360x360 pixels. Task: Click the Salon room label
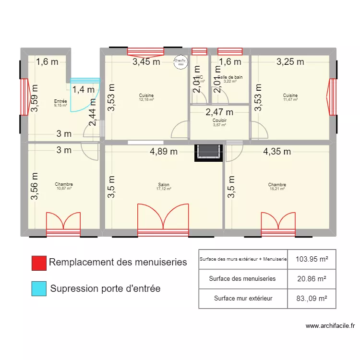[164, 185]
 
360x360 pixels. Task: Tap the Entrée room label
[61, 101]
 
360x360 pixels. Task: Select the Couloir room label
[219, 120]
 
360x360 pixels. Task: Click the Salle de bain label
[230, 77]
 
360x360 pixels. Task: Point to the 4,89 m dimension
[164, 152]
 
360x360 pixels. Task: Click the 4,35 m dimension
[277, 152]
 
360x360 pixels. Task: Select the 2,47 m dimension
[219, 112]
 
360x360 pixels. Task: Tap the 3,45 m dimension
[147, 61]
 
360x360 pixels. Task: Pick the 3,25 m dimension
[290, 61]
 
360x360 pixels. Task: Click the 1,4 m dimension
[84, 89]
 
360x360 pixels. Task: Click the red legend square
[38, 263]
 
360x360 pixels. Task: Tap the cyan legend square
[38, 289]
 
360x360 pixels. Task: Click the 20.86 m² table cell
[312, 278]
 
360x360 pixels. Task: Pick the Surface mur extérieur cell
[243, 299]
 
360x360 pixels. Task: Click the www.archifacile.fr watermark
[330, 326]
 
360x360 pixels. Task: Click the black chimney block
[209, 153]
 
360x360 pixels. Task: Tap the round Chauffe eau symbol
[180, 62]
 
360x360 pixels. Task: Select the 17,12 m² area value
[164, 189]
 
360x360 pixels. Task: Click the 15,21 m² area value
[277, 189]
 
